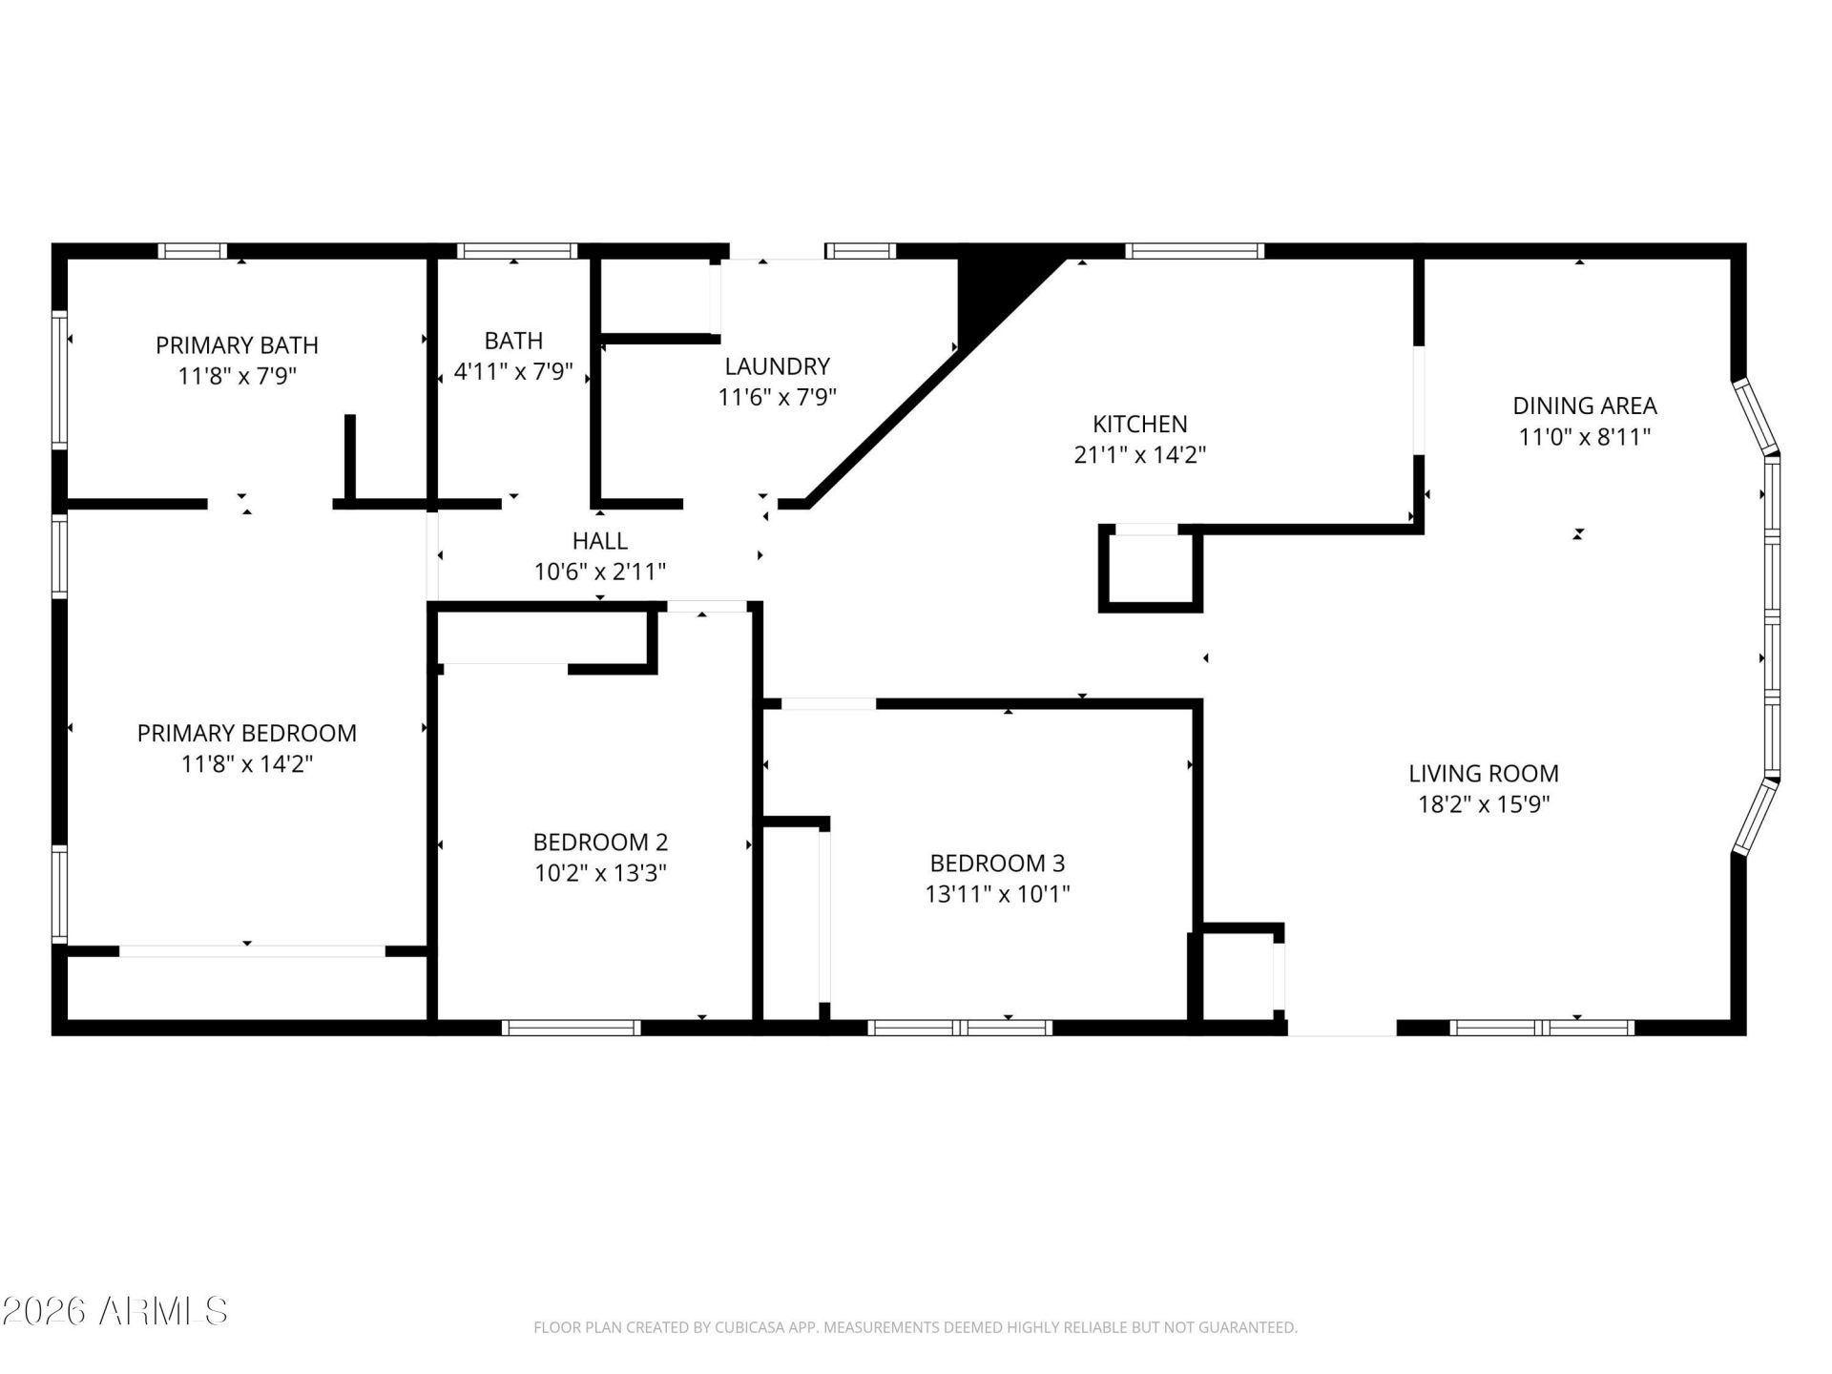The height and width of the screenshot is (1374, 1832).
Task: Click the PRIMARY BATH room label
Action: (237, 344)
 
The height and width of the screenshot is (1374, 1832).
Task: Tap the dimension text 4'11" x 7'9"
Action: (513, 371)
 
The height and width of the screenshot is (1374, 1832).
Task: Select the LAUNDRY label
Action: (777, 366)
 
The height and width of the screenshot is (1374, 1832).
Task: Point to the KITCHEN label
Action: (1139, 424)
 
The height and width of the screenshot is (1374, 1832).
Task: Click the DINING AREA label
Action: (1585, 406)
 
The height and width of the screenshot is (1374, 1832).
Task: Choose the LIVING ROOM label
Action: (1484, 773)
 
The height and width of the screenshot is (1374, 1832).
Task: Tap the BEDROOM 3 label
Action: (997, 864)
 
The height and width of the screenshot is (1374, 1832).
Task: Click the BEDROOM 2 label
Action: (600, 843)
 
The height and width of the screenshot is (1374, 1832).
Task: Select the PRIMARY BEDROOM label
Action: (247, 733)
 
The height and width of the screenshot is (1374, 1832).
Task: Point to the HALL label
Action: (600, 541)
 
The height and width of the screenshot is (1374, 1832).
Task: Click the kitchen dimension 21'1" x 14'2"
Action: (1140, 455)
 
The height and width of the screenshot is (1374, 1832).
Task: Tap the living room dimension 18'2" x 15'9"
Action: (1484, 804)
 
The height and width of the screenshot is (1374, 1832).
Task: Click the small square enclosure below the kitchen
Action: (1150, 569)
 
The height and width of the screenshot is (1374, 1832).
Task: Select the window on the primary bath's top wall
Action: (192, 251)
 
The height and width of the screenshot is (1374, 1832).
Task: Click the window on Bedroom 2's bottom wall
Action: (571, 1028)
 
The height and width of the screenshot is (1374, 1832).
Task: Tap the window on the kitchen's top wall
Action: (1195, 251)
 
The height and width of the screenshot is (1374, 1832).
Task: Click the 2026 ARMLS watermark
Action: (114, 1311)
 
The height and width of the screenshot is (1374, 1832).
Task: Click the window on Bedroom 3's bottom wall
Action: (960, 1028)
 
